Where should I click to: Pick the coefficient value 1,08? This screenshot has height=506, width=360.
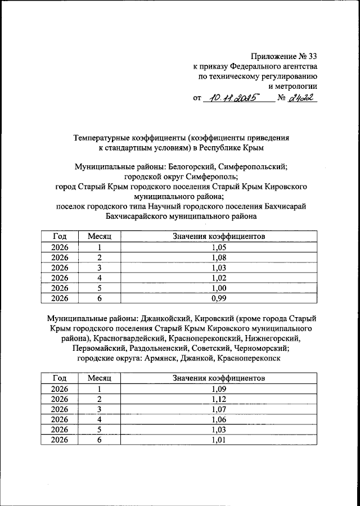pyautogui.click(x=219, y=257)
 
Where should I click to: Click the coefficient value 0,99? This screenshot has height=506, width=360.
pyautogui.click(x=219, y=298)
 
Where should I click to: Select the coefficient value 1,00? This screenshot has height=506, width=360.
pyautogui.click(x=219, y=288)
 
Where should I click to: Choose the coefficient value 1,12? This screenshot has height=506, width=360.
pyautogui.click(x=219, y=399)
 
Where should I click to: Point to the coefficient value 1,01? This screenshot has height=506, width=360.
pyautogui.click(x=219, y=440)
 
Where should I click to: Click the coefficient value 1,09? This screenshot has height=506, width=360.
pyautogui.click(x=219, y=389)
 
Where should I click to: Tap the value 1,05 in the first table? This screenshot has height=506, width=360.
pyautogui.click(x=219, y=247)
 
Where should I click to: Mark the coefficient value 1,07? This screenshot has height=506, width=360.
pyautogui.click(x=219, y=409)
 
